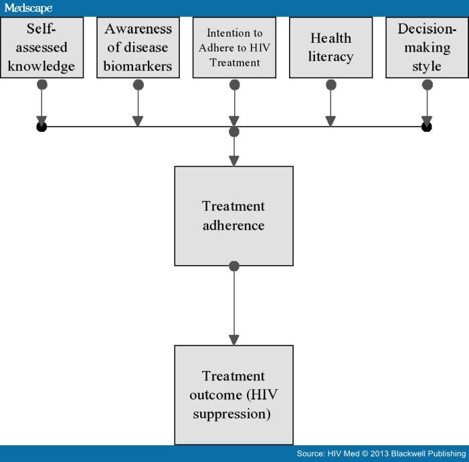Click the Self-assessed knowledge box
pos(41,48)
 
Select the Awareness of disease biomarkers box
pos(138,48)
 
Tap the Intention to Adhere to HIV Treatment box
pos(234,48)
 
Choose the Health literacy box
pos(331,48)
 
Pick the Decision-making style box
pos(427,48)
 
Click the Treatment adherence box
pos(233,216)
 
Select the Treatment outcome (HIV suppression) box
pos(233,395)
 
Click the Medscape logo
pos(28,8)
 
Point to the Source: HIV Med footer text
pos(381,454)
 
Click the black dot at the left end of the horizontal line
pos(41,127)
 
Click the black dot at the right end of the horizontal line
pos(427,127)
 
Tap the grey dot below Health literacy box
pos(331,84)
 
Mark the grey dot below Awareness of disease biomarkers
pos(138,84)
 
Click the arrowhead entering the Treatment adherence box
pos(234,161)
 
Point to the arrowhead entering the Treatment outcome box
pos(234,340)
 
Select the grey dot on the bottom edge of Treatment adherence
pos(234,266)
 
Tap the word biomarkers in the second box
pos(138,66)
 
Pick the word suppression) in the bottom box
pos(232,414)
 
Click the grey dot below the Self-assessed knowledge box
pos(41,84)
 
